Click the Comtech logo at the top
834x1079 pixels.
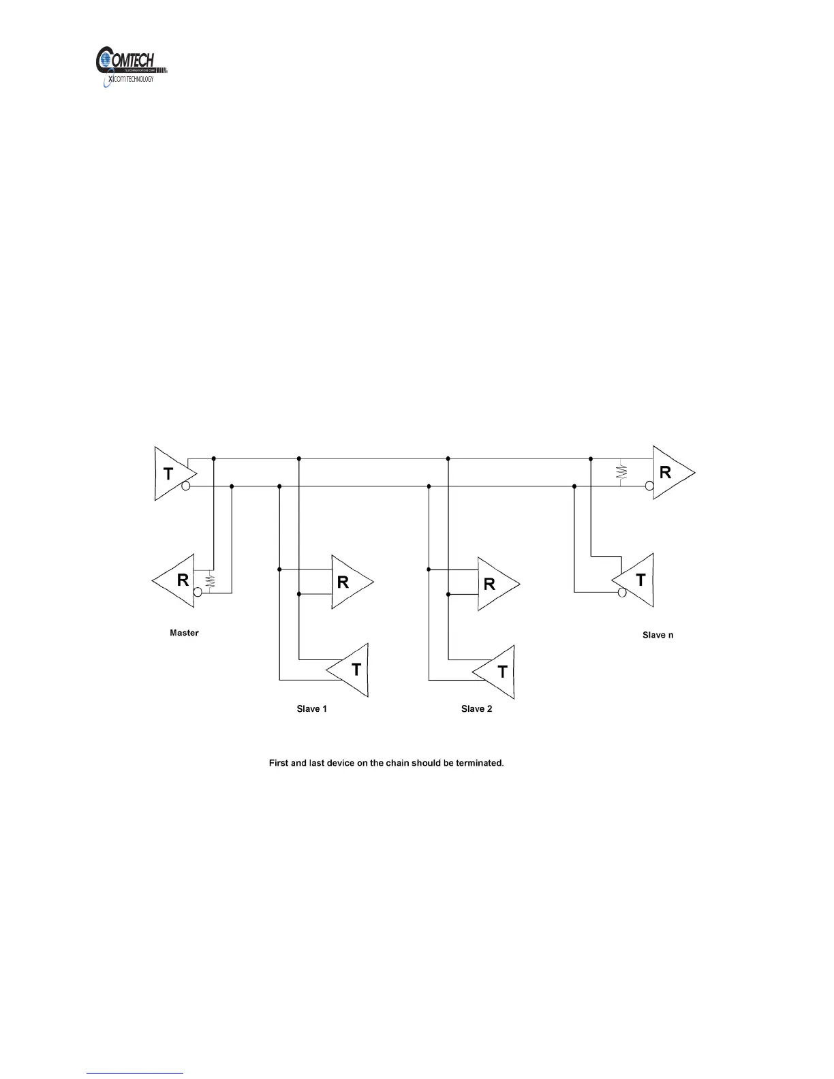click(131, 67)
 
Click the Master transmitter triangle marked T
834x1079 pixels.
click(171, 473)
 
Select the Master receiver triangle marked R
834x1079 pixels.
click(178, 581)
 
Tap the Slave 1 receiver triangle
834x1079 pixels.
click(347, 582)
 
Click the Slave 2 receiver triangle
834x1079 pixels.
click(494, 584)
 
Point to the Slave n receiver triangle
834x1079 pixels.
click(669, 472)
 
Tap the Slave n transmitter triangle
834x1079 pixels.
click(638, 580)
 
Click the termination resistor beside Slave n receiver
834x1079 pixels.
click(621, 472)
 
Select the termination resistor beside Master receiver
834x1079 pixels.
click(210, 581)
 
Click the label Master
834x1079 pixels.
click(184, 633)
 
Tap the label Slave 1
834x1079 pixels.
click(311, 709)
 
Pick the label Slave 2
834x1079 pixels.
click(476, 709)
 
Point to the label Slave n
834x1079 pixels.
click(658, 635)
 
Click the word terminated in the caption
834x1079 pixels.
click(478, 763)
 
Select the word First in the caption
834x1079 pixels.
click(279, 763)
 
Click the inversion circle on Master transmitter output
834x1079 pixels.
click(186, 486)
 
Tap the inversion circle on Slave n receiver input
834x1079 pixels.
click(649, 486)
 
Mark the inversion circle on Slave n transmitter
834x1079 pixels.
click(621, 593)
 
